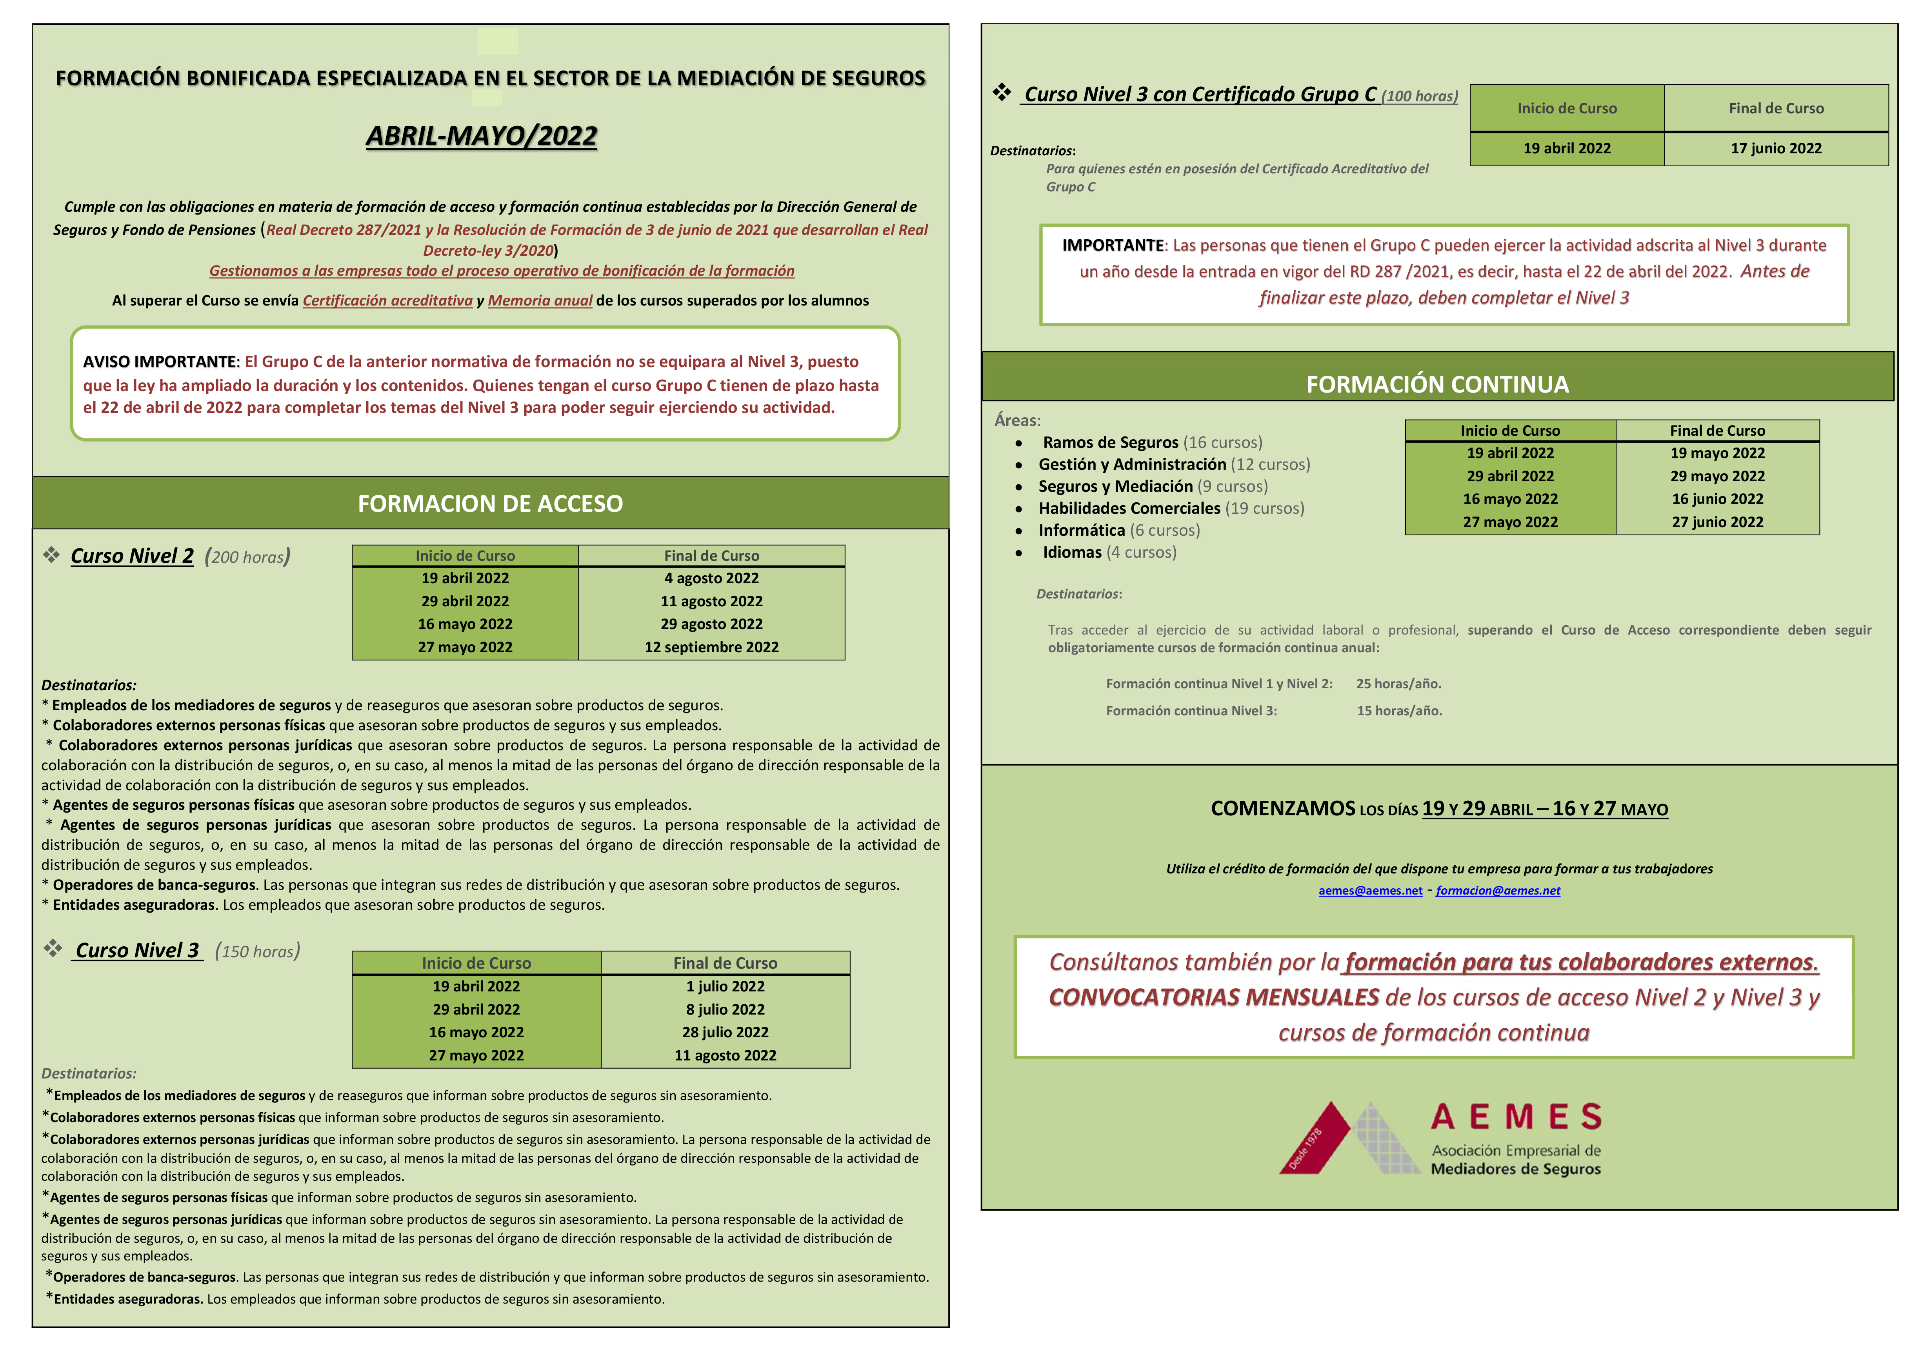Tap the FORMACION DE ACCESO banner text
coord(490,504)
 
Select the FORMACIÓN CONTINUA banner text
coord(1437,384)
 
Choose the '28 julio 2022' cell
coord(725,1032)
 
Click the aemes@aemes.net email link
coord(1370,891)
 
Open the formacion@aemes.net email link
coord(1498,891)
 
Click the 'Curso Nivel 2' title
coord(132,556)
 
